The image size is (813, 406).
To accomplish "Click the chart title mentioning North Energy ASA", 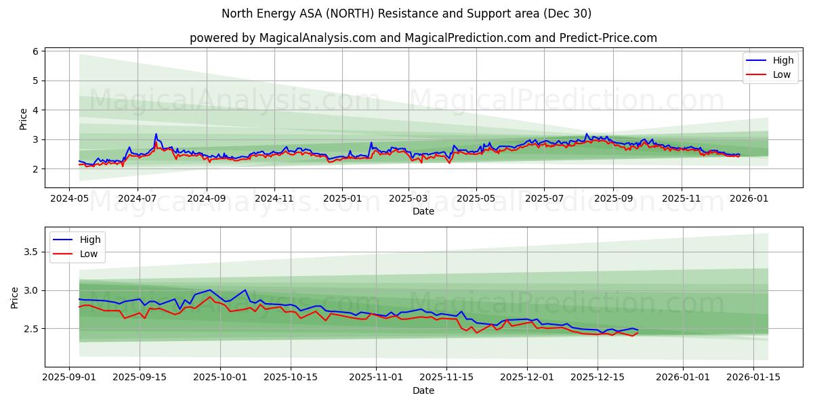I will click(406, 14).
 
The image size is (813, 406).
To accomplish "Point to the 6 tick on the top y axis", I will click(36, 51).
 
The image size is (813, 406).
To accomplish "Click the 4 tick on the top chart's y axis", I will click(36, 110).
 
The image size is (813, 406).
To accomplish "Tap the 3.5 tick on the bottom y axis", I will click(32, 252).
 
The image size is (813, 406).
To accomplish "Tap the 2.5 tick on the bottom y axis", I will click(32, 329).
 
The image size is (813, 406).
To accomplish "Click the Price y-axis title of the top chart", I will click(23, 119).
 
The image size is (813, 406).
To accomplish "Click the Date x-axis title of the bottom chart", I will click(423, 390).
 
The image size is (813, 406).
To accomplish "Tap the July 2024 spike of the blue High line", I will click(156, 134).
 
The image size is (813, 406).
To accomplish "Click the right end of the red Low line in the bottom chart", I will click(638, 333).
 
